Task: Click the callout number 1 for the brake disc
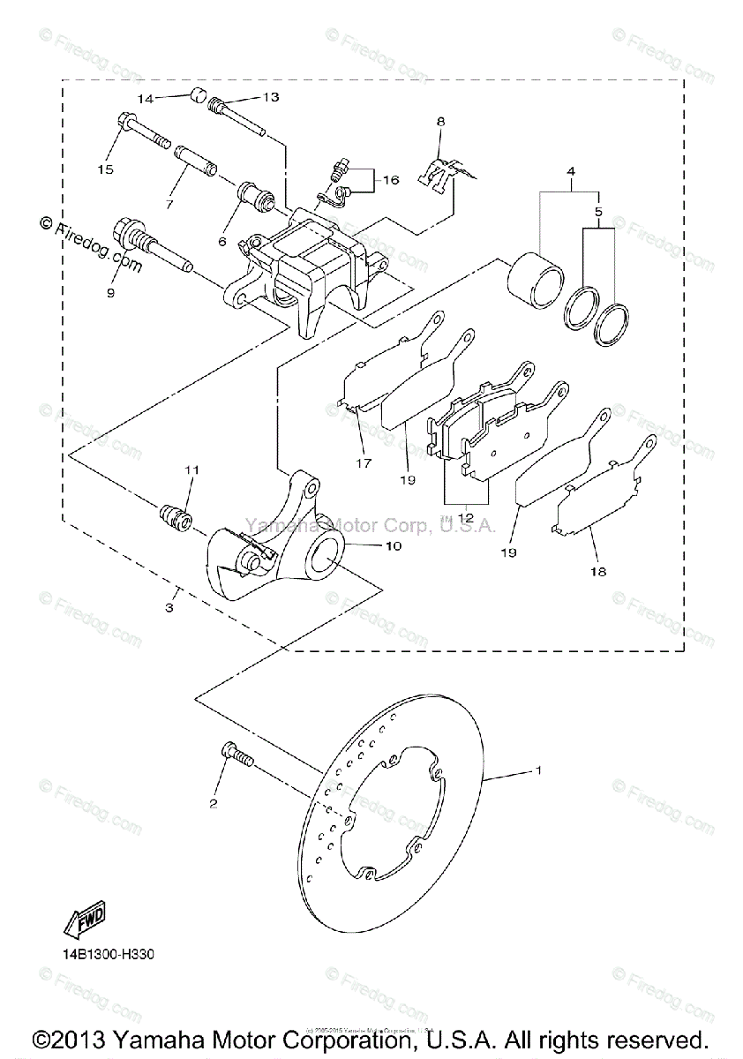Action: [x=538, y=770]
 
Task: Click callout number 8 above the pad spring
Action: [x=440, y=120]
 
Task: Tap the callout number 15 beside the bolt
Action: [x=105, y=169]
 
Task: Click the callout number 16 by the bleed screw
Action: [x=391, y=179]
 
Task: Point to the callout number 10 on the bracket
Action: [x=392, y=546]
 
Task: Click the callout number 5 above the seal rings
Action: [x=598, y=213]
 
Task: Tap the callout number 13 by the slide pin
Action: [x=270, y=97]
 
